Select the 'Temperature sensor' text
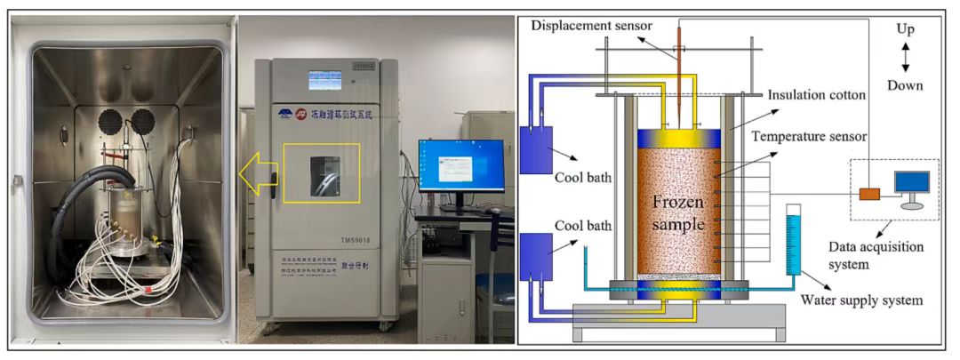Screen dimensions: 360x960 pyautogui.click(x=809, y=136)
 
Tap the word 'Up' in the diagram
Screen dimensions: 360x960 pyautogui.click(x=905, y=30)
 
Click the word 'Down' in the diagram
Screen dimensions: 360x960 pyautogui.click(x=906, y=85)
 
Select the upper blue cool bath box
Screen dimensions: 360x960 pyautogui.click(x=537, y=147)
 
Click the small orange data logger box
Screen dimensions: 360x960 pyautogui.click(x=869, y=193)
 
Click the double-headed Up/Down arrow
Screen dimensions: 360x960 pyautogui.click(x=905, y=58)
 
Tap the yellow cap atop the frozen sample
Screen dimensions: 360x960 pyautogui.click(x=679, y=138)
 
